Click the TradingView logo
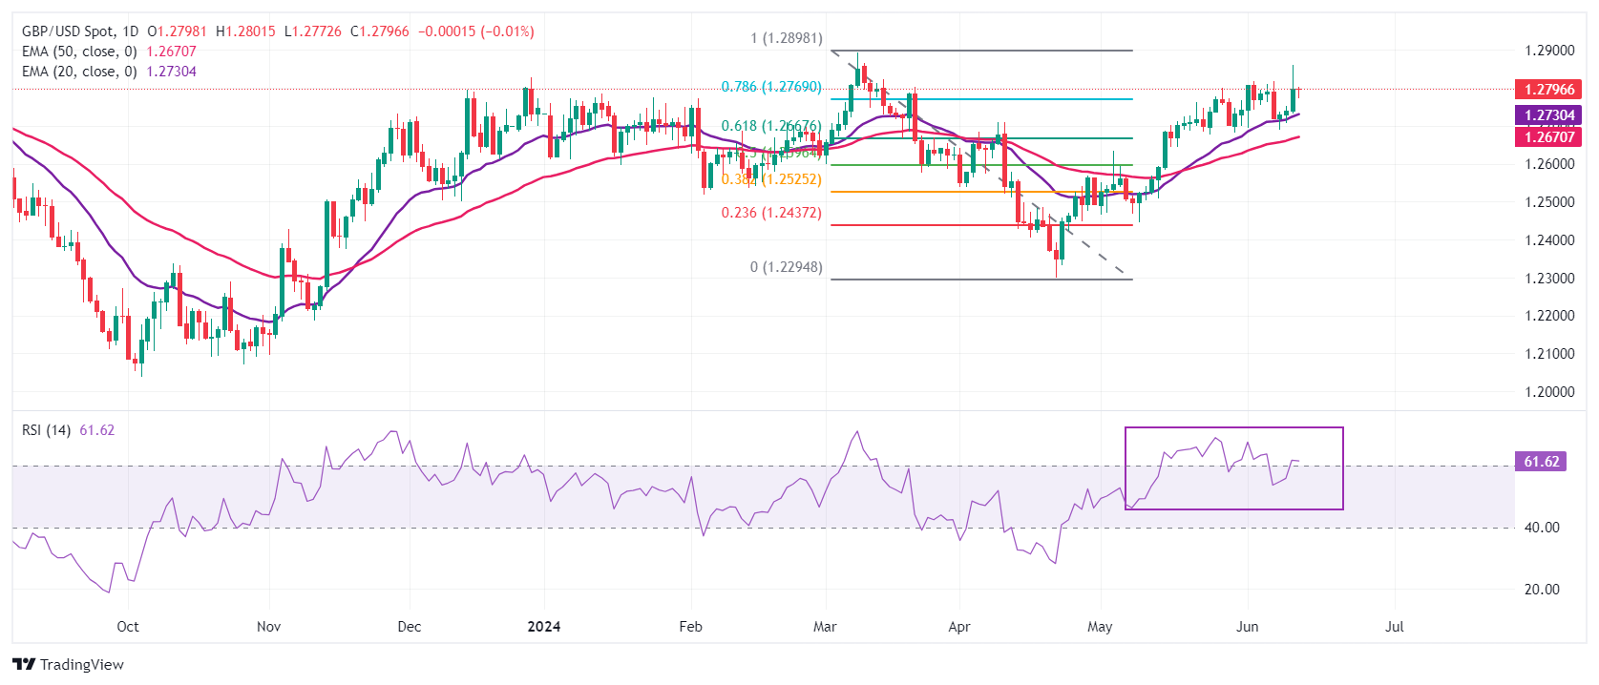68,664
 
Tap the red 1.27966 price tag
1548,90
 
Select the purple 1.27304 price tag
1548,115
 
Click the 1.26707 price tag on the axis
1548,136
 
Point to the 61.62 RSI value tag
1541,462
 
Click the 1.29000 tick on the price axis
1548,51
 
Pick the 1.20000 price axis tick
1548,392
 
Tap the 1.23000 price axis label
1548,279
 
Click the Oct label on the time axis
127,627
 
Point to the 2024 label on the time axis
544,627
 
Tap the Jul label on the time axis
1394,627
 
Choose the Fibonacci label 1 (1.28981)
786,39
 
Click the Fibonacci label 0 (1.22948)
786,267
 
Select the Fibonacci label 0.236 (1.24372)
770,213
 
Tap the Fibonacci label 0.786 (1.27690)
770,87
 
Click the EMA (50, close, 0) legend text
79,52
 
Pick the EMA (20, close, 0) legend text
79,72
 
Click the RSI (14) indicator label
46,430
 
